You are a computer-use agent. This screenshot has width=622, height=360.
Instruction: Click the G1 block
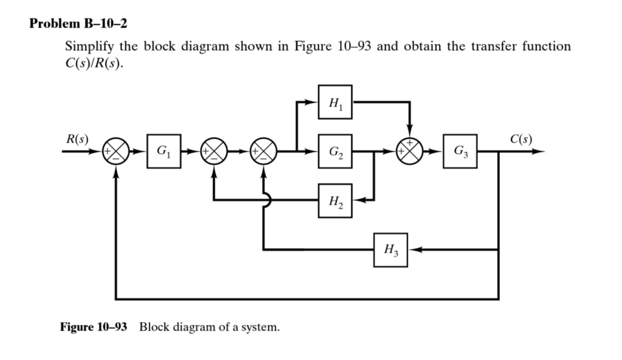pyautogui.click(x=163, y=151)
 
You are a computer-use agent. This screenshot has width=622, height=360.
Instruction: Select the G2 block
pyautogui.click(x=335, y=151)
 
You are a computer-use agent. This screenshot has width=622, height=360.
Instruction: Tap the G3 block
pyautogui.click(x=460, y=151)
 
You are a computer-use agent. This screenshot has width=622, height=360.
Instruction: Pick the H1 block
pyautogui.click(x=335, y=102)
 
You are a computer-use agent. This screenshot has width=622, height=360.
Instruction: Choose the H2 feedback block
pyautogui.click(x=335, y=200)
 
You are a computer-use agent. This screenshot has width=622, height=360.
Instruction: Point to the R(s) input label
pyautogui.click(x=77, y=138)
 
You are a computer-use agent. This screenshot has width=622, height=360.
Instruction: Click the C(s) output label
pyautogui.click(x=521, y=138)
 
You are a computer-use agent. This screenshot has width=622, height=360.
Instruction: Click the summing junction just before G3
pyautogui.click(x=409, y=151)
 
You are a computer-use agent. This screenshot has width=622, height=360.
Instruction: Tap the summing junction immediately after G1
pyautogui.click(x=214, y=151)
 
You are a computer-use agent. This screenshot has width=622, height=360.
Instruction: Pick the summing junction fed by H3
pyautogui.click(x=264, y=151)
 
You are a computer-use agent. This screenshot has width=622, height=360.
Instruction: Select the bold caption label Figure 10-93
pyautogui.click(x=94, y=327)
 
